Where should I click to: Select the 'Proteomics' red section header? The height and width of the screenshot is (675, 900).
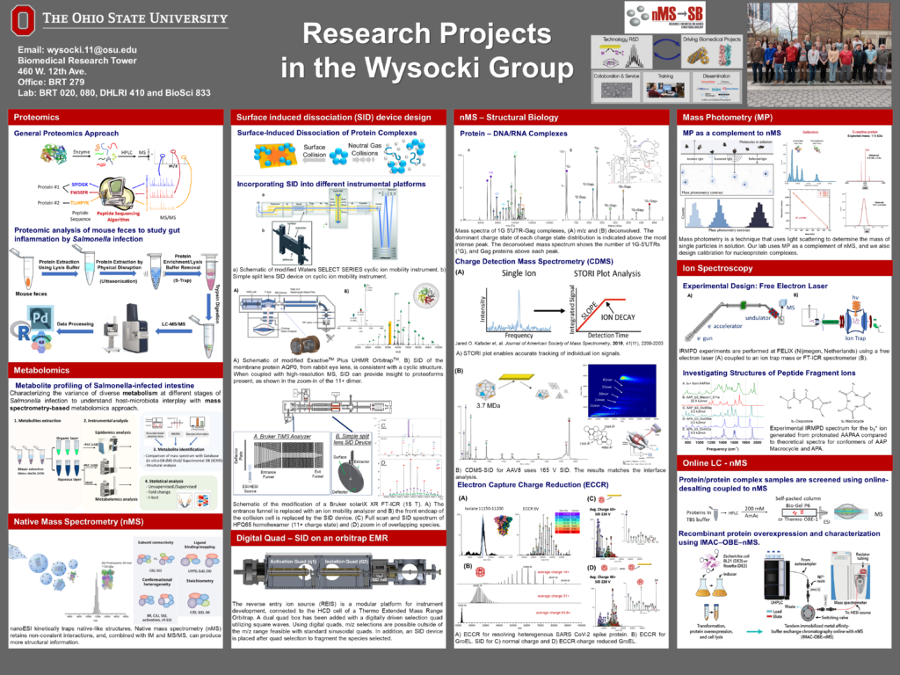[x=37, y=116]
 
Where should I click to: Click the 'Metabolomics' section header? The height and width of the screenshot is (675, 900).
[x=42, y=371]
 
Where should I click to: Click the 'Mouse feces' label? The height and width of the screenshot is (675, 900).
[x=34, y=294]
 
